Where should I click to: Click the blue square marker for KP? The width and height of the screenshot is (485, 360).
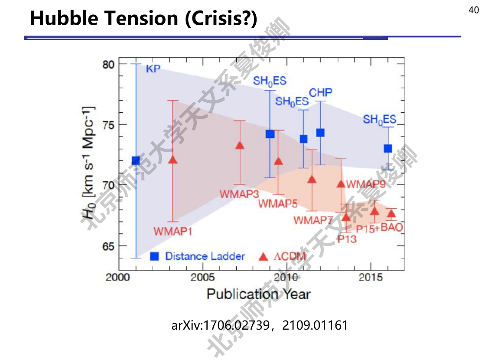pyautogui.click(x=136, y=161)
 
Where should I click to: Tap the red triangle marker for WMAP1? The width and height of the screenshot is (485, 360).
pyautogui.click(x=173, y=160)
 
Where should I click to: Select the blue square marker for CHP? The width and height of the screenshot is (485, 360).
pyautogui.click(x=320, y=133)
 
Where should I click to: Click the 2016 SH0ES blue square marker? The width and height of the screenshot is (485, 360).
pyautogui.click(x=388, y=148)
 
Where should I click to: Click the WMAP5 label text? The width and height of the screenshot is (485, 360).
pyautogui.click(x=278, y=203)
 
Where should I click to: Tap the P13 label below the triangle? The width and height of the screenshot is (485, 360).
pyautogui.click(x=347, y=239)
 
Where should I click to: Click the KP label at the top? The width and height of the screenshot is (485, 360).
pyautogui.click(x=153, y=69)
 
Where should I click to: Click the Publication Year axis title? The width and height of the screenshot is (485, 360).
pyautogui.click(x=258, y=295)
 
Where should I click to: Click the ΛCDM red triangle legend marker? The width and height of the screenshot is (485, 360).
pyautogui.click(x=263, y=257)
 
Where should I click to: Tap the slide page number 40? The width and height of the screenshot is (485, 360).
pyautogui.click(x=473, y=10)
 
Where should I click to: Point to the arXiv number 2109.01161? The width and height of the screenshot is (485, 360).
pyautogui.click(x=315, y=325)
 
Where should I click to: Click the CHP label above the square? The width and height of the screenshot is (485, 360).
pyautogui.click(x=320, y=92)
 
